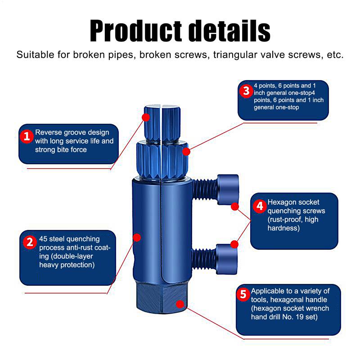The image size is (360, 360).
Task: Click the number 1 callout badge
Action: pos(27,136)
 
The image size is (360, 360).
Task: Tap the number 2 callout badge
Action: pos(29,243)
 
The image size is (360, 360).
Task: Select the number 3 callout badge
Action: pos(246,91)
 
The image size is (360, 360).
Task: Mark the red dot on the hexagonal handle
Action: pos(180,304)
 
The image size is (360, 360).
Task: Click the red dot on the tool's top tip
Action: pos(146,117)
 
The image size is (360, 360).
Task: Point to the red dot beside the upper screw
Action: pos(234,207)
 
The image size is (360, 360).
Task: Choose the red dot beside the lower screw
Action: pos(234,244)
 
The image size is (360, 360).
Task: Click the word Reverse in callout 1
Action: pos(49,133)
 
